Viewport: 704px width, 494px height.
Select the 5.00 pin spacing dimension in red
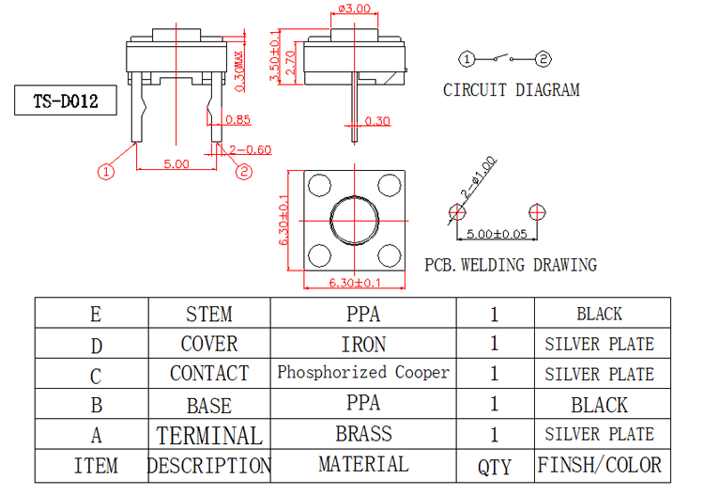pyautogui.click(x=176, y=163)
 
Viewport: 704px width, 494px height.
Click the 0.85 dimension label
pyautogui.click(x=238, y=119)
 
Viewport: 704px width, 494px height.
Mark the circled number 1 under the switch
pyautogui.click(x=106, y=171)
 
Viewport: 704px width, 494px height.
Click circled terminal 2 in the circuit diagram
pyautogui.click(x=543, y=60)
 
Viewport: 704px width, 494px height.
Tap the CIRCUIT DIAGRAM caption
pyautogui.click(x=511, y=90)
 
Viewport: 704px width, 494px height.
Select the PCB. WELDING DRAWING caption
pyautogui.click(x=510, y=265)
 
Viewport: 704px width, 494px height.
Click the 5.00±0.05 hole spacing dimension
pyautogui.click(x=497, y=234)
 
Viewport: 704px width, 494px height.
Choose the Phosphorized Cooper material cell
pyautogui.click(x=363, y=372)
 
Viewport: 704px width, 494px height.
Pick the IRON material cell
pyautogui.click(x=363, y=344)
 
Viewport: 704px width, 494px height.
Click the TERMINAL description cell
pyautogui.click(x=208, y=435)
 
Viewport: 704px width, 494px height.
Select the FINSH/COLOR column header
pyautogui.click(x=599, y=465)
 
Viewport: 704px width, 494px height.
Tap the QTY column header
pyautogui.click(x=495, y=466)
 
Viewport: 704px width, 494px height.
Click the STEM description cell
pyautogui.click(x=208, y=314)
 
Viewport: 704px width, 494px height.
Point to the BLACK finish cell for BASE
pyautogui.click(x=599, y=405)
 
